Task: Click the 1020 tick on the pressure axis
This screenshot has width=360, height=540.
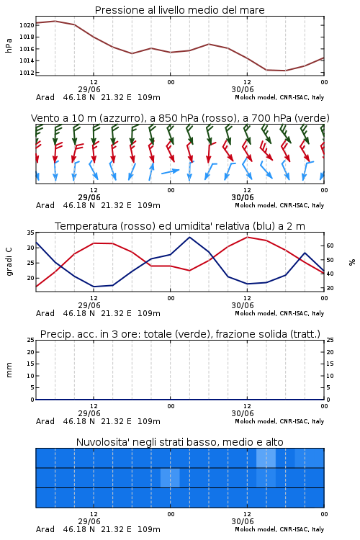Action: [x=27, y=25]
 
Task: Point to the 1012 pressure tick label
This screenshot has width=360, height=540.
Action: [x=27, y=73]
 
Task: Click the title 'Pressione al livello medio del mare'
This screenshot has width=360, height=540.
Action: [x=180, y=10]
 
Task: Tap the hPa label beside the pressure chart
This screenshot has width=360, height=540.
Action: [x=9, y=45]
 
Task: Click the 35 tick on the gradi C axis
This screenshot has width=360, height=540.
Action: [x=31, y=233]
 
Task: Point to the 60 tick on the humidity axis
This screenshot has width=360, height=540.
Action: [x=330, y=246]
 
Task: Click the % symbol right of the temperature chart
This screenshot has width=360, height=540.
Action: [x=352, y=262]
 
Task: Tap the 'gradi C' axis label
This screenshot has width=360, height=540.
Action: [x=9, y=262]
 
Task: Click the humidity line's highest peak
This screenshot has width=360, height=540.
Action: [x=189, y=238]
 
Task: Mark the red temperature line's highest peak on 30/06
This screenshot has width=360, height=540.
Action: [x=248, y=237]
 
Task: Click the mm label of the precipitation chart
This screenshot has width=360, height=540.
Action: [x=9, y=370]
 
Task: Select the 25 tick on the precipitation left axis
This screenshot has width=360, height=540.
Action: [x=31, y=341]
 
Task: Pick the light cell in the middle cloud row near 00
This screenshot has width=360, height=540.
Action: [x=170, y=477]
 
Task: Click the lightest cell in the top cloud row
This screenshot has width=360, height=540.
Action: [x=266, y=458]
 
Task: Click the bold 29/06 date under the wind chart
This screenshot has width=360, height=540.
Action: [x=89, y=198]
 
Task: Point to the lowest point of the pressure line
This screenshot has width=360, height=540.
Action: [x=285, y=71]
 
